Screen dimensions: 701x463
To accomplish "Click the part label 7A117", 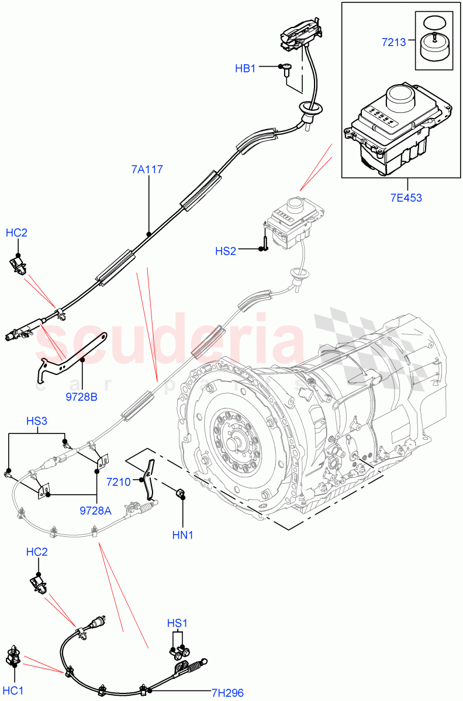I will (x=147, y=170).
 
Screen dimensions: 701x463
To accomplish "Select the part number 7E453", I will (x=406, y=197).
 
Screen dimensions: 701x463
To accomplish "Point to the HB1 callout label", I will (x=246, y=68).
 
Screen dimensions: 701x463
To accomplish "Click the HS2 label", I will (x=226, y=251).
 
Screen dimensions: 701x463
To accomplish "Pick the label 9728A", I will (x=95, y=510).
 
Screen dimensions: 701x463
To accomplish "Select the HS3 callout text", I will (x=37, y=421).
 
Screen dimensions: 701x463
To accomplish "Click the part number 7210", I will (x=119, y=481).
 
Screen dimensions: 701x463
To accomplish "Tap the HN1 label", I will (x=183, y=535).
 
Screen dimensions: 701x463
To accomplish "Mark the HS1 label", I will (x=178, y=623).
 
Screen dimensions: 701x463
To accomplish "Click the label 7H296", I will (x=227, y=693).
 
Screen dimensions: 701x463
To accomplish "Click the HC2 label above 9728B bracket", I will (x=16, y=232).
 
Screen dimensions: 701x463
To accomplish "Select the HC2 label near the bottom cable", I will (x=37, y=552).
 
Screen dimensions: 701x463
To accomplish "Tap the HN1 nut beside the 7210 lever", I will (x=181, y=495).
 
